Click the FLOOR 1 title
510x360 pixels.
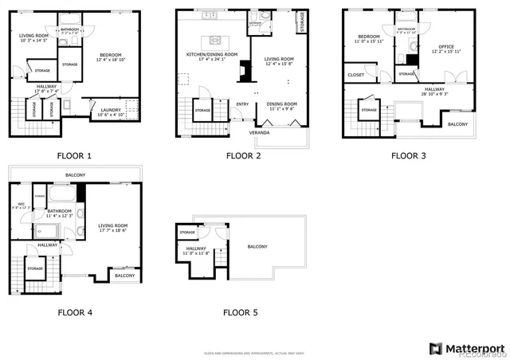(74, 156)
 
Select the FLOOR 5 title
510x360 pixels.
(240, 312)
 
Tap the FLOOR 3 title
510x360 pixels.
(408, 156)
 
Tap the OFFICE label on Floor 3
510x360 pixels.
(446, 47)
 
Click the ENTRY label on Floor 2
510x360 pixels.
(241, 104)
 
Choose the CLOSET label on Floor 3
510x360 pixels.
(355, 76)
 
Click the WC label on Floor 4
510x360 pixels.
(22, 204)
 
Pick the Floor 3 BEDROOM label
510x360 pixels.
(368, 37)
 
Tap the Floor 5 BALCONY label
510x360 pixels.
(258, 246)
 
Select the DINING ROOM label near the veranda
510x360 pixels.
(281, 104)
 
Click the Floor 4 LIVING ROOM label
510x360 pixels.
(113, 225)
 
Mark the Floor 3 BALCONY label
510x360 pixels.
(457, 124)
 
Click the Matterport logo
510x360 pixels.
(467, 347)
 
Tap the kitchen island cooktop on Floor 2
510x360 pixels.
(214, 40)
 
